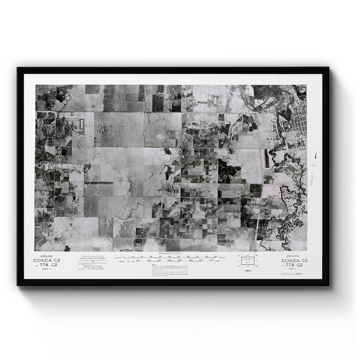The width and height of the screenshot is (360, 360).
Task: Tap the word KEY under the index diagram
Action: point(248,271)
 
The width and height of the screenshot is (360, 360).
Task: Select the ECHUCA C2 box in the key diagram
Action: point(247,260)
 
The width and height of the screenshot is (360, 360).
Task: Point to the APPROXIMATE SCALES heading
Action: point(170,254)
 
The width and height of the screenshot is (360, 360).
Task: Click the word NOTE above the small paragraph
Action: point(154,264)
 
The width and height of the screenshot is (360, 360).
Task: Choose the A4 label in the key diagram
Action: point(248,255)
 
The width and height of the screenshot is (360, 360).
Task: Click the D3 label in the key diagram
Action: point(257,266)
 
